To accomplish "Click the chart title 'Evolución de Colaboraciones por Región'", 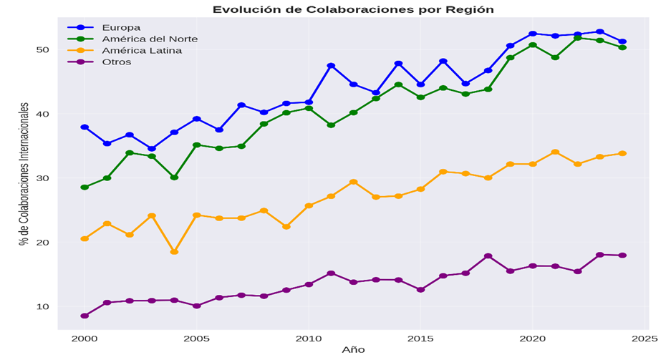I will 353,9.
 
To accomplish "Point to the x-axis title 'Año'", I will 352,350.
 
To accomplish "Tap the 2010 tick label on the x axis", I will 309,338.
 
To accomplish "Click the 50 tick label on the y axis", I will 43,49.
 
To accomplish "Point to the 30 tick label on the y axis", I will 43,178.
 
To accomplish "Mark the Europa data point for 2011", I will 331,66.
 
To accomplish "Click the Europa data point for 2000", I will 85,127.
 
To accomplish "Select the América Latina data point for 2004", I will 174,252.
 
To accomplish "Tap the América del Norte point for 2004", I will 174,177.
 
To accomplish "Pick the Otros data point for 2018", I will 488,256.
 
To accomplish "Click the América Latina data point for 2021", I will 555,152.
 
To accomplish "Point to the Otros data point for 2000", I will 85,316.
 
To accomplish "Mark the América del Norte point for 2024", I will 622,48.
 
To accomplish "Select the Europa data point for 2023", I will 600,32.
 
